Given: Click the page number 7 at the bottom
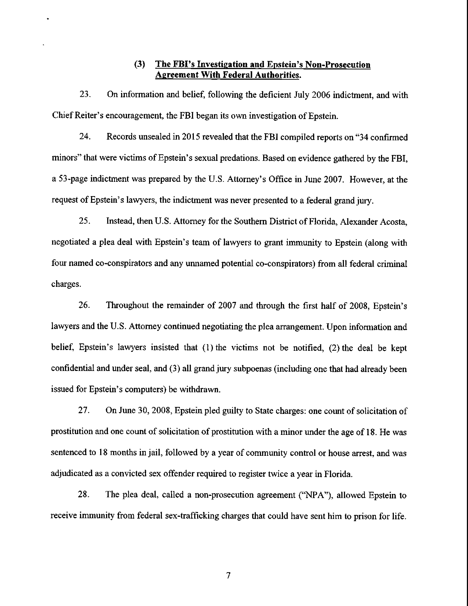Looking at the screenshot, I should tap(228, 576).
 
